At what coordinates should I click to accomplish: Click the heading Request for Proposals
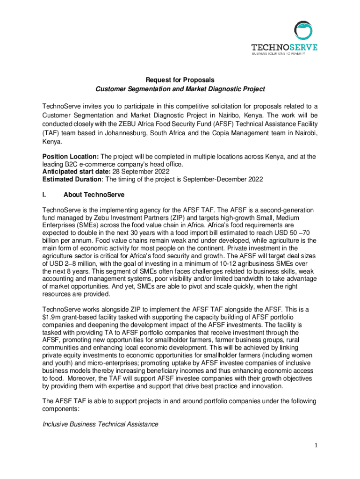[x=180, y=80]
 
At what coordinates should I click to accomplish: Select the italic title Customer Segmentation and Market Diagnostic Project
[x=180, y=89]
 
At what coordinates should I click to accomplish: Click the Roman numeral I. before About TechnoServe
[x=44, y=194]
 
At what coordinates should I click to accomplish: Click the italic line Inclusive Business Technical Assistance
[x=100, y=424]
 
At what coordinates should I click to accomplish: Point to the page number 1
[x=316, y=445]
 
